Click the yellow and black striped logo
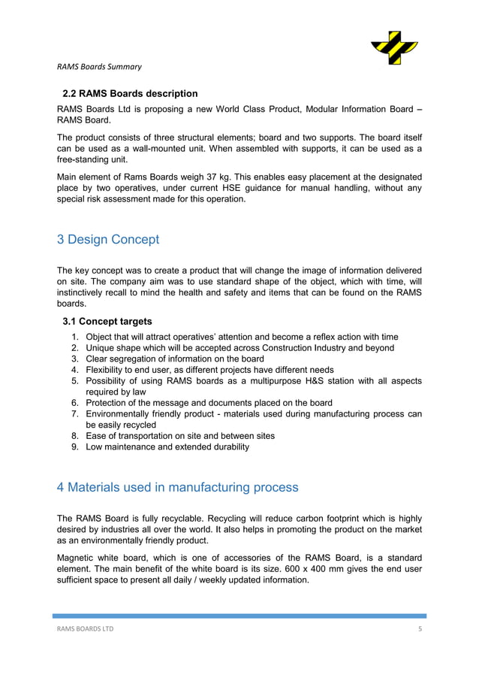pos(395,48)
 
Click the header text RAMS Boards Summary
pos(99,68)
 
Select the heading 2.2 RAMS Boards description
pos(129,94)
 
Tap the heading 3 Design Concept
pos(108,240)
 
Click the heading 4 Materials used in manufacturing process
pos(177,487)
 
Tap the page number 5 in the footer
pos(420,629)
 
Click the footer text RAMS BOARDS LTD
pos(86,629)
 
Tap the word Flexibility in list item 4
pos(108,370)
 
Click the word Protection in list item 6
pos(109,403)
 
